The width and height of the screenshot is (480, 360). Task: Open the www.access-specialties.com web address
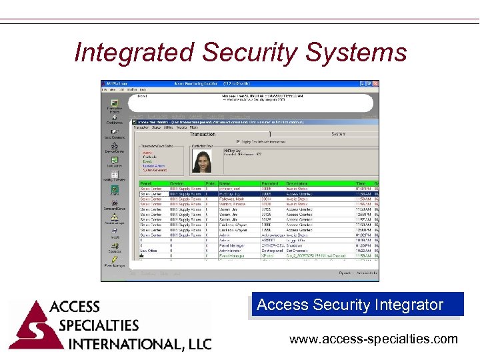point(373,339)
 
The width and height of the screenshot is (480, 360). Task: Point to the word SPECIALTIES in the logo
point(99,325)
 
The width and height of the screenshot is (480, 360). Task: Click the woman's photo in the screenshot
point(202,161)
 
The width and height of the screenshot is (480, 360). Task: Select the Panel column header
point(147,183)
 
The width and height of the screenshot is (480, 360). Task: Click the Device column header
point(177,183)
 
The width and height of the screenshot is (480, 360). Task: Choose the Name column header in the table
point(227,183)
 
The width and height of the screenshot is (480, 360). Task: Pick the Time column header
point(361,183)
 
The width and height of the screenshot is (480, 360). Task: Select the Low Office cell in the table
point(149,251)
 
